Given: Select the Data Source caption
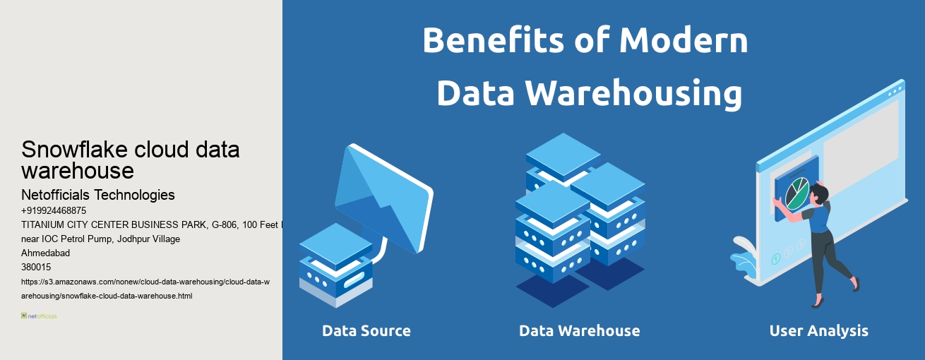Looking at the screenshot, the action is click(366, 330).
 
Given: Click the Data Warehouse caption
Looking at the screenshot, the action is click(579, 330).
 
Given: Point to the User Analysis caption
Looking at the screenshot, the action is click(818, 330).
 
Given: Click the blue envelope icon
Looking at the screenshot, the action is click(381, 198).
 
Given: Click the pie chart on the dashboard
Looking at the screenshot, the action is click(796, 193).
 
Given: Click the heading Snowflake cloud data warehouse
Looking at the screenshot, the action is click(131, 160).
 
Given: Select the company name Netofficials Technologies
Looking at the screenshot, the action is click(98, 195).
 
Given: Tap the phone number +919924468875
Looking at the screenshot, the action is click(54, 210).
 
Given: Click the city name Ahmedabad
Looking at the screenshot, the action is click(46, 253).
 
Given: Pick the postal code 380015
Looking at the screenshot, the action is click(36, 267).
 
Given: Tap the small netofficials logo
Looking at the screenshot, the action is click(39, 316).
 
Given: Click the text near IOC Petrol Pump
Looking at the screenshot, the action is click(100, 239).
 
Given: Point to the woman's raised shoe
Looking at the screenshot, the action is click(857, 283).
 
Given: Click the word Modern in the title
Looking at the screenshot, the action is click(683, 40).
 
